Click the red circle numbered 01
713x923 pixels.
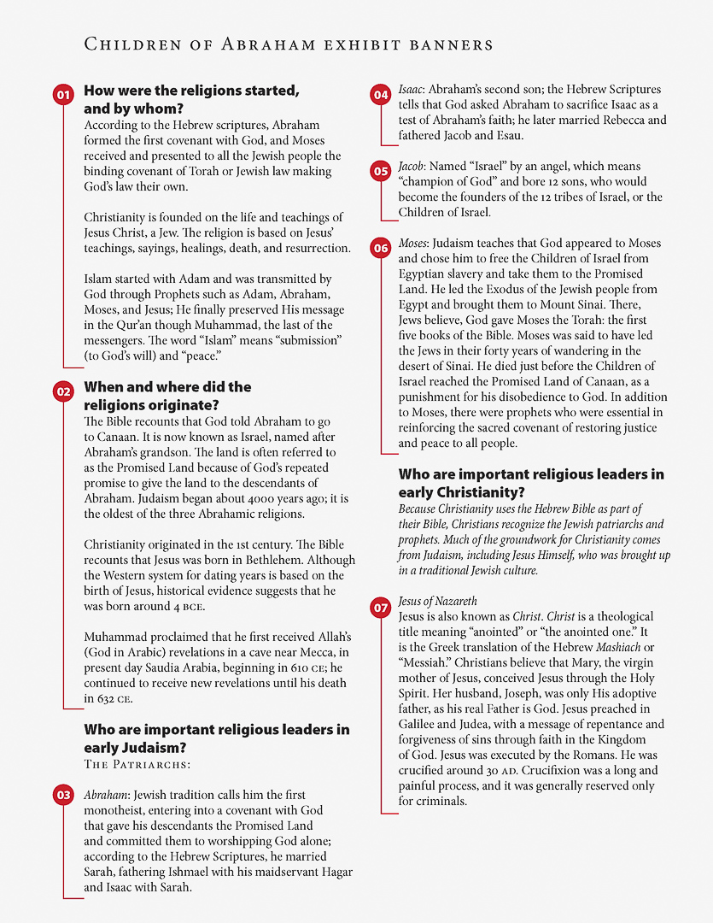click(x=62, y=96)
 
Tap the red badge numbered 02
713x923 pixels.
click(x=62, y=392)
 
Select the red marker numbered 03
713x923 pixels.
click(x=62, y=796)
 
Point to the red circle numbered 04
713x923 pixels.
click(x=380, y=95)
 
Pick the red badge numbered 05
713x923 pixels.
click(x=380, y=172)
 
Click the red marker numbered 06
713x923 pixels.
click(x=380, y=249)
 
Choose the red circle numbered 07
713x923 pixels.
click(x=380, y=608)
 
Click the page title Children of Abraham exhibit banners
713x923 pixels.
click(x=288, y=44)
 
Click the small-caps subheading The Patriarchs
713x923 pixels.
click(x=137, y=764)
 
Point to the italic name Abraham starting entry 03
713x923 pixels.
click(x=107, y=795)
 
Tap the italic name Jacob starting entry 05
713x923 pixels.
click(x=413, y=167)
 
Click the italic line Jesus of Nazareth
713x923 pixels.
click(x=437, y=602)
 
